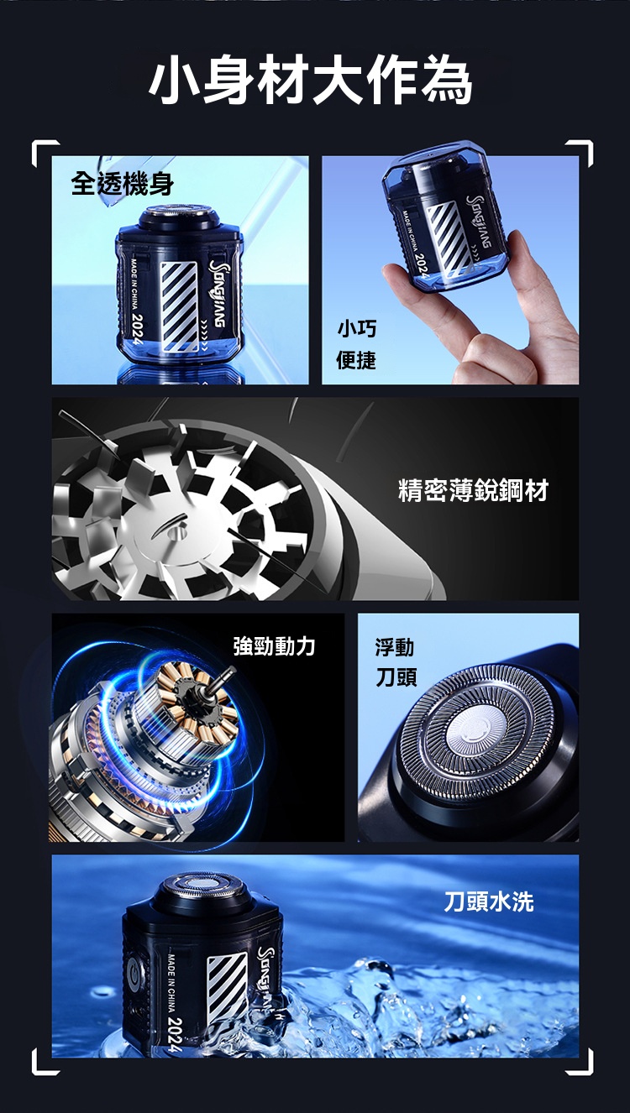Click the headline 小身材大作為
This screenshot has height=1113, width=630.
312,82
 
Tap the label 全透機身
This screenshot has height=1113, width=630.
122,184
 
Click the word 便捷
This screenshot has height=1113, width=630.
356,360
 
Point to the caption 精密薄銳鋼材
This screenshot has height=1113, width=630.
472,490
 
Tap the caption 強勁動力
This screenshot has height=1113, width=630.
275,645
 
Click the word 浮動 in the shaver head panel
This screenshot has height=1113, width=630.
394,646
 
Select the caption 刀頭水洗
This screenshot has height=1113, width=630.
488,901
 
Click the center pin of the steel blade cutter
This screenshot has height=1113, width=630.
172,526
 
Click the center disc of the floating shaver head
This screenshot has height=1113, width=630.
474,724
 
